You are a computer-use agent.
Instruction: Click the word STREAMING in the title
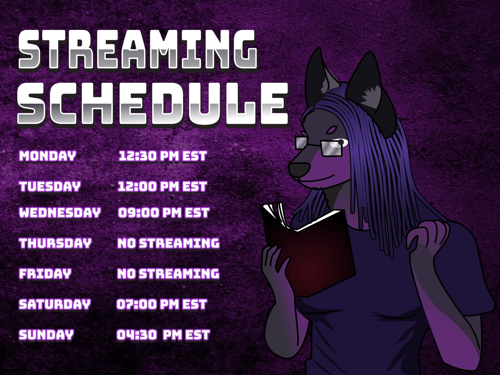tap(138, 50)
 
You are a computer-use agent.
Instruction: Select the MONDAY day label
tap(47, 156)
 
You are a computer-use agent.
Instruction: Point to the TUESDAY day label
tap(50, 187)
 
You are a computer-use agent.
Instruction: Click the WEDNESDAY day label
tap(60, 213)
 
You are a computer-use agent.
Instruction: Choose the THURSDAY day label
tap(55, 243)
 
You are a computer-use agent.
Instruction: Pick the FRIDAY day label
tap(45, 274)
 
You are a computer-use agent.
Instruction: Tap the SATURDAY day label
tap(55, 304)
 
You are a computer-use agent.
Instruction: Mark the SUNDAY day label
tap(46, 335)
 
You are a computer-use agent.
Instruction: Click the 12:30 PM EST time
tap(162, 156)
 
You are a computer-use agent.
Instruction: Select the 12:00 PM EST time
tap(162, 187)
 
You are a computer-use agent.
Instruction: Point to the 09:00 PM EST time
tap(163, 213)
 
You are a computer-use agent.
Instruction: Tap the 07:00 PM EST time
tap(162, 304)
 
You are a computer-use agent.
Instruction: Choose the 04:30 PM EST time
tap(163, 335)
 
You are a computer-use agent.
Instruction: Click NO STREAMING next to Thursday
tap(168, 243)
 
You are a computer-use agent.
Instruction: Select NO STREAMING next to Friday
tap(168, 274)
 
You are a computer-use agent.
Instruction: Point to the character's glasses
tap(319, 145)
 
